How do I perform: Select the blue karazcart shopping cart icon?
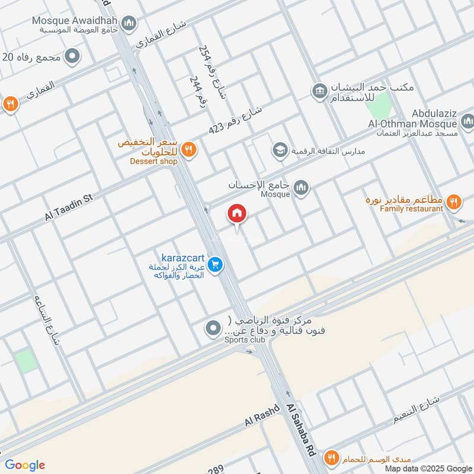(216, 265)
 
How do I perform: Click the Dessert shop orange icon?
(188, 149)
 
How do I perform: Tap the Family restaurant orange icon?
(454, 202)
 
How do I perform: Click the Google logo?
(25, 465)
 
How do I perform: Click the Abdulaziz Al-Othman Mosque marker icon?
(467, 123)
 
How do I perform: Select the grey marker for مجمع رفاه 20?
(73, 57)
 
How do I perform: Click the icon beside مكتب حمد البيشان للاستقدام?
(319, 90)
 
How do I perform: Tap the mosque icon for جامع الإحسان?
(302, 187)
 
